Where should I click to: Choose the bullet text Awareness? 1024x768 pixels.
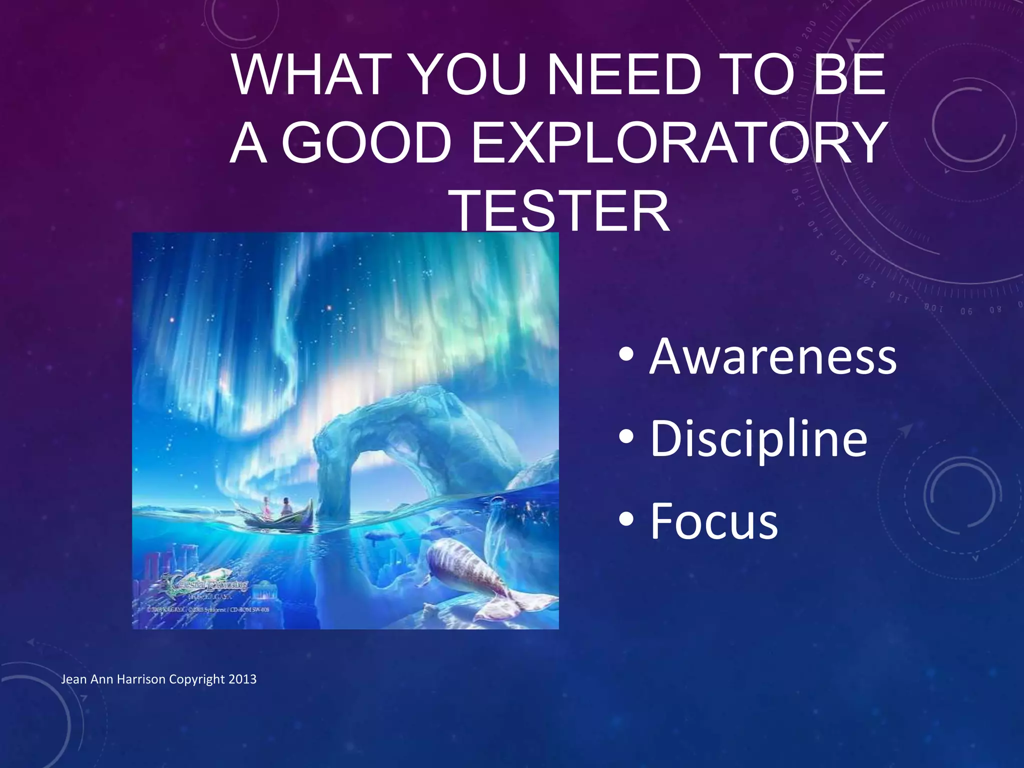point(772,357)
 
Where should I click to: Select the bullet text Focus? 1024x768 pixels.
point(713,521)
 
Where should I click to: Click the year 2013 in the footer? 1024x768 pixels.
point(242,679)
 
